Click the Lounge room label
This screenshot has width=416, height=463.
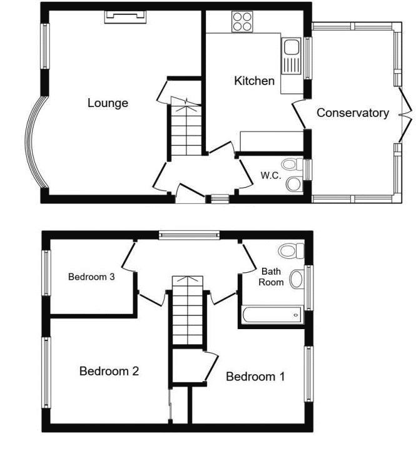[108, 103]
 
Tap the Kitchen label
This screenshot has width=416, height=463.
[254, 81]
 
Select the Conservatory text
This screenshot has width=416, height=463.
[353, 113]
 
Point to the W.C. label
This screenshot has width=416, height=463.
[270, 175]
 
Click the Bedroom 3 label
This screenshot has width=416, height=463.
[91, 277]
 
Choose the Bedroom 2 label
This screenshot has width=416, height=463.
[109, 371]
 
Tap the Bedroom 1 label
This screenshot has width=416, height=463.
[255, 377]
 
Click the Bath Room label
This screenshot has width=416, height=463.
[272, 277]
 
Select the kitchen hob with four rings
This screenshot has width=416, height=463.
[241, 23]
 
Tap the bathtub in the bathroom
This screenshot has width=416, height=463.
[271, 315]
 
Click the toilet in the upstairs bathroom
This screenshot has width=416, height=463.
[290, 252]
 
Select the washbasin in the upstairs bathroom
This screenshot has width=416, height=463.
[298, 279]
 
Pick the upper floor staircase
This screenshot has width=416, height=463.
[188, 310]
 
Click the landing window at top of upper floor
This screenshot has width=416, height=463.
[188, 235]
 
